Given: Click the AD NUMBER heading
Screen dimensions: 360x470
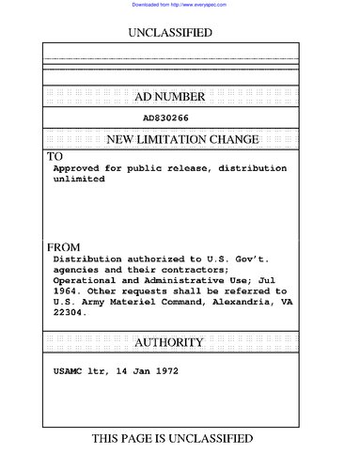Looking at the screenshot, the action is [170, 97].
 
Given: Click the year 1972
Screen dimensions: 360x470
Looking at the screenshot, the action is [165, 371].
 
